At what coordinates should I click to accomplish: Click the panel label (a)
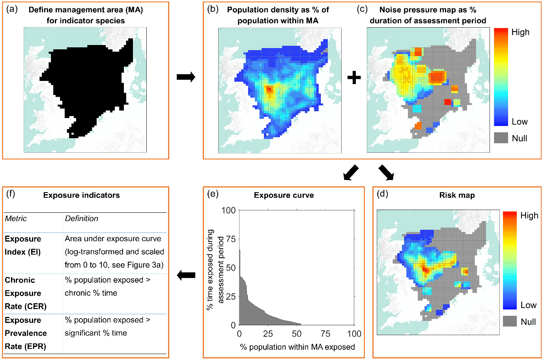click(12, 9)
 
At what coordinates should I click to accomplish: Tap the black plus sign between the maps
click(354, 77)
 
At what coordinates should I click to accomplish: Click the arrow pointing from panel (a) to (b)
click(186, 77)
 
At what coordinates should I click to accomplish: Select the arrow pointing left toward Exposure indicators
click(186, 275)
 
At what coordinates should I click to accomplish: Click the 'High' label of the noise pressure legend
click(520, 32)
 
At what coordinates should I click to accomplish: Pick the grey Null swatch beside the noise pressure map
click(501, 138)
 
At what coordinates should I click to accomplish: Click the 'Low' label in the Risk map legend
click(529, 305)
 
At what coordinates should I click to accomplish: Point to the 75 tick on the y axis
click(230, 239)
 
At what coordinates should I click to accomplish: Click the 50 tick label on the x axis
click(297, 334)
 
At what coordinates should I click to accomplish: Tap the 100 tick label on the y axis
click(228, 210)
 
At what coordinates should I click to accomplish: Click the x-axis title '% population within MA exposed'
click(297, 347)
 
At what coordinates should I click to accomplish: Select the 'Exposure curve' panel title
click(284, 195)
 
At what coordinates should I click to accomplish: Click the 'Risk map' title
click(457, 195)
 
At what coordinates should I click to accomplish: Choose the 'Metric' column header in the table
click(16, 219)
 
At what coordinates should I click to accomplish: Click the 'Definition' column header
click(81, 219)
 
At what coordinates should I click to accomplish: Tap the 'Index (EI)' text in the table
click(22, 252)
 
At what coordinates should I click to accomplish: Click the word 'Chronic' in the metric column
click(20, 280)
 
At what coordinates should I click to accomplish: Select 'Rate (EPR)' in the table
click(26, 346)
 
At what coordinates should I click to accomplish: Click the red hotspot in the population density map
click(269, 90)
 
